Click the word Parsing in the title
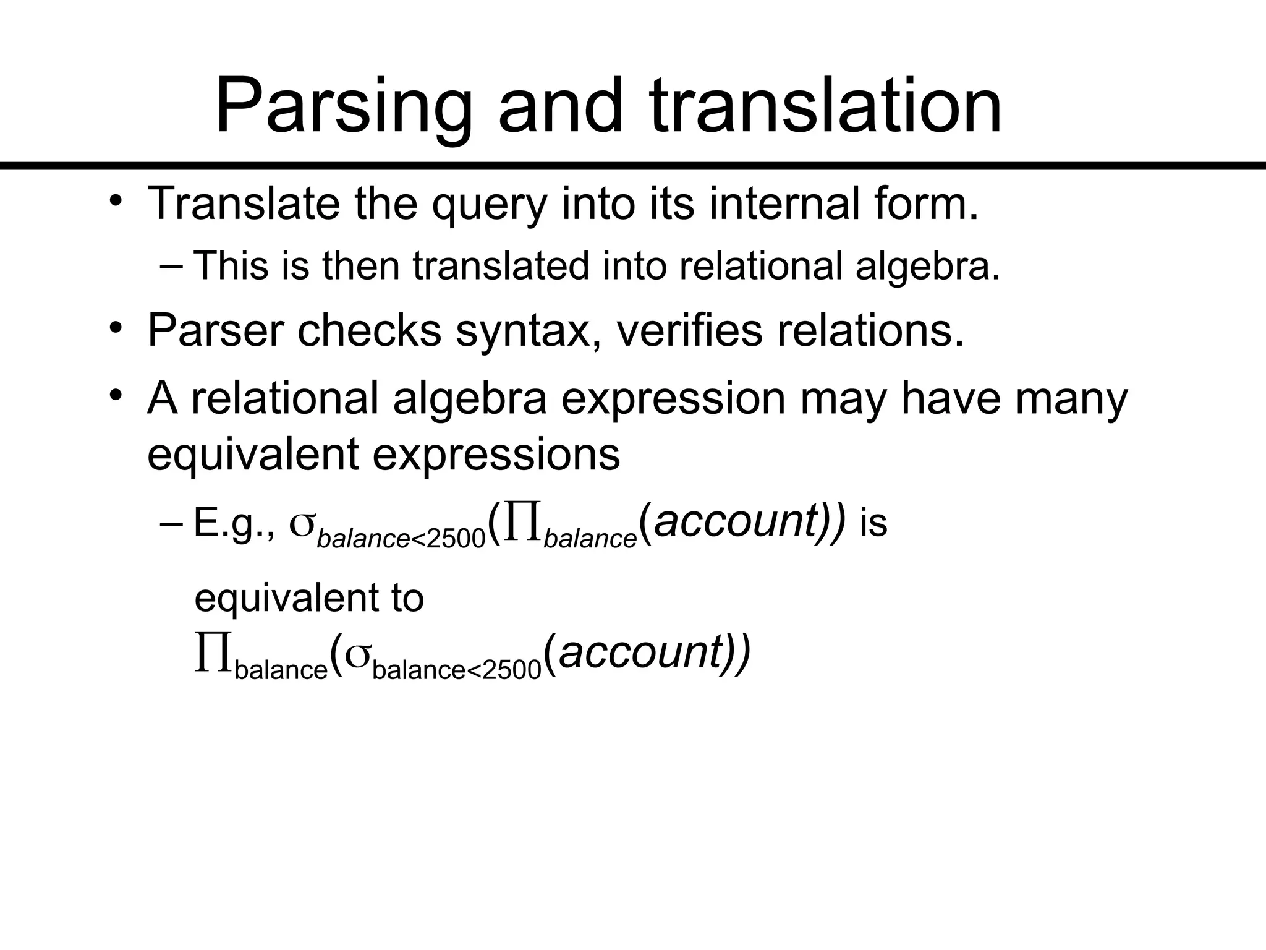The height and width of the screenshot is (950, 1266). [343, 106]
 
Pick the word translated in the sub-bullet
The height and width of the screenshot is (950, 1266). [501, 266]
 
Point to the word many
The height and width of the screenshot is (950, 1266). [1072, 400]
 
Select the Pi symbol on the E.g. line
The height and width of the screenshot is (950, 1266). [523, 523]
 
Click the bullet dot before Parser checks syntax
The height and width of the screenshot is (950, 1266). [116, 328]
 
